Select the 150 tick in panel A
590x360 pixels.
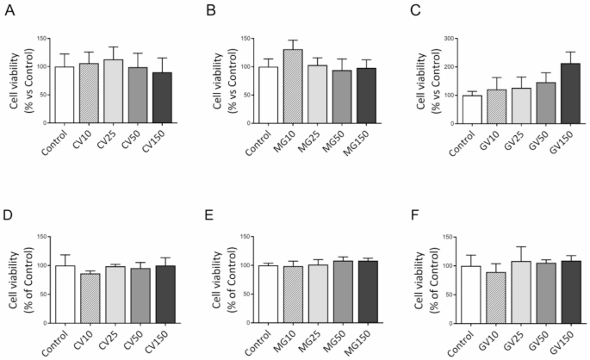click(37, 39)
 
